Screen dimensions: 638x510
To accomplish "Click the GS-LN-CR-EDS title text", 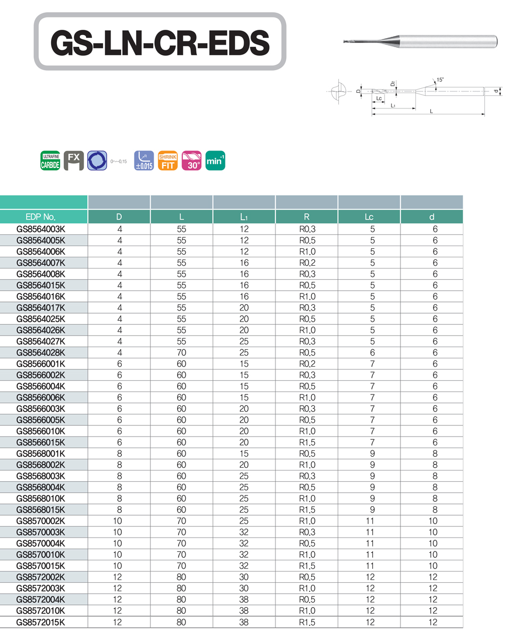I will tap(160, 42).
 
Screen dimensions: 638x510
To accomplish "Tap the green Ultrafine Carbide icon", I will tap(51, 161).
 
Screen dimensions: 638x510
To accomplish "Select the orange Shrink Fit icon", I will tap(168, 161).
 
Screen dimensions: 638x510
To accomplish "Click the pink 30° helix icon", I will tap(191, 161).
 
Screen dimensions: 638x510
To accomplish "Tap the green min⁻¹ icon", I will tap(215, 161).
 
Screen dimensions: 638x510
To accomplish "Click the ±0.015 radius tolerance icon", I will tap(144, 161).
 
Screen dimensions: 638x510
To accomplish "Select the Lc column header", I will tap(369, 217).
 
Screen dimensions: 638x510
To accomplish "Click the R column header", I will tap(306, 217).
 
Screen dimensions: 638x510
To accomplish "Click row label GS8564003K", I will tap(40, 229).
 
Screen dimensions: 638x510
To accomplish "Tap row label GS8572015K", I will tap(40, 622).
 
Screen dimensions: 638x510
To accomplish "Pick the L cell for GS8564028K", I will tap(181, 352).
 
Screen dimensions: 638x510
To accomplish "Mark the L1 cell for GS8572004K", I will tap(244, 600).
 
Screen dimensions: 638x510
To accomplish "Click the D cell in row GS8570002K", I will tap(118, 521).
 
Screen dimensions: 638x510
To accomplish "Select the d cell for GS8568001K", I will tap(435, 454).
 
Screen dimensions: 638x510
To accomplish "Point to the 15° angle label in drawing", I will tap(440, 80).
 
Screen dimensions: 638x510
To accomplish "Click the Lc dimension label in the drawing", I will tap(379, 99).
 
